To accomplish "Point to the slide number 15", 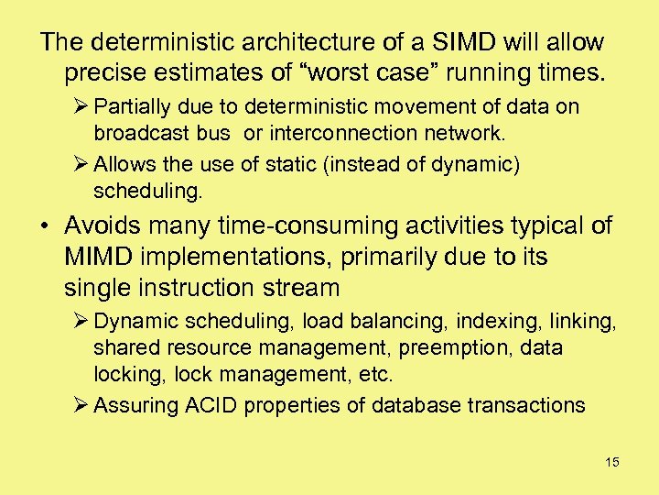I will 611,462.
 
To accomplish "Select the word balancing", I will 373,322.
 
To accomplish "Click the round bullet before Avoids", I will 46,226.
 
